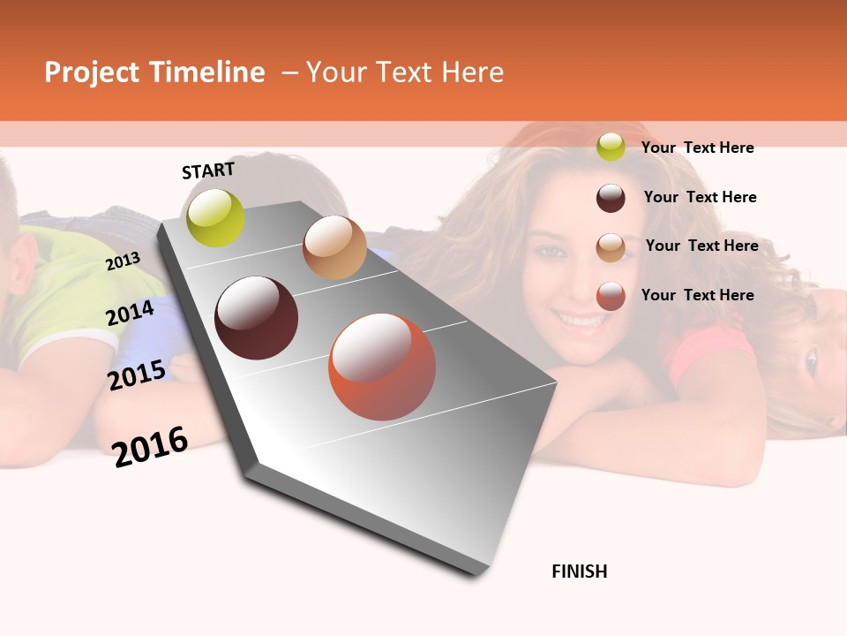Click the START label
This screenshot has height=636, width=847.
click(208, 170)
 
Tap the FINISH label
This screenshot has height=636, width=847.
click(580, 572)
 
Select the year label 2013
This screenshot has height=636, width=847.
click(123, 261)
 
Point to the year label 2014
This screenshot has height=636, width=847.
click(131, 313)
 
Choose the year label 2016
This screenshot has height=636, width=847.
click(150, 446)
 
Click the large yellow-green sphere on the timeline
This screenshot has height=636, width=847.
click(216, 217)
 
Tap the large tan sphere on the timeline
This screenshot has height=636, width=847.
click(334, 247)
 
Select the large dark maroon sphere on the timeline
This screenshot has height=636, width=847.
click(257, 318)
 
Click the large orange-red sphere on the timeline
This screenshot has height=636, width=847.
click(382, 367)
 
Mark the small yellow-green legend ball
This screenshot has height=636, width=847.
click(611, 147)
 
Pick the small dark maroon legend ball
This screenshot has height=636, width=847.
click(611, 198)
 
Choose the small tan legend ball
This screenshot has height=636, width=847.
click(611, 247)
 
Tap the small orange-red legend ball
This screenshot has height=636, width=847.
click(611, 296)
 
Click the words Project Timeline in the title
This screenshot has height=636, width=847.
click(154, 72)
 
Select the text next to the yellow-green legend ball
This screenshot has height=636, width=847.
click(697, 148)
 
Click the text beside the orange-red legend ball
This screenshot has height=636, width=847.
click(697, 295)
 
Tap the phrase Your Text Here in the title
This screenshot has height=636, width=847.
click(405, 72)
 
